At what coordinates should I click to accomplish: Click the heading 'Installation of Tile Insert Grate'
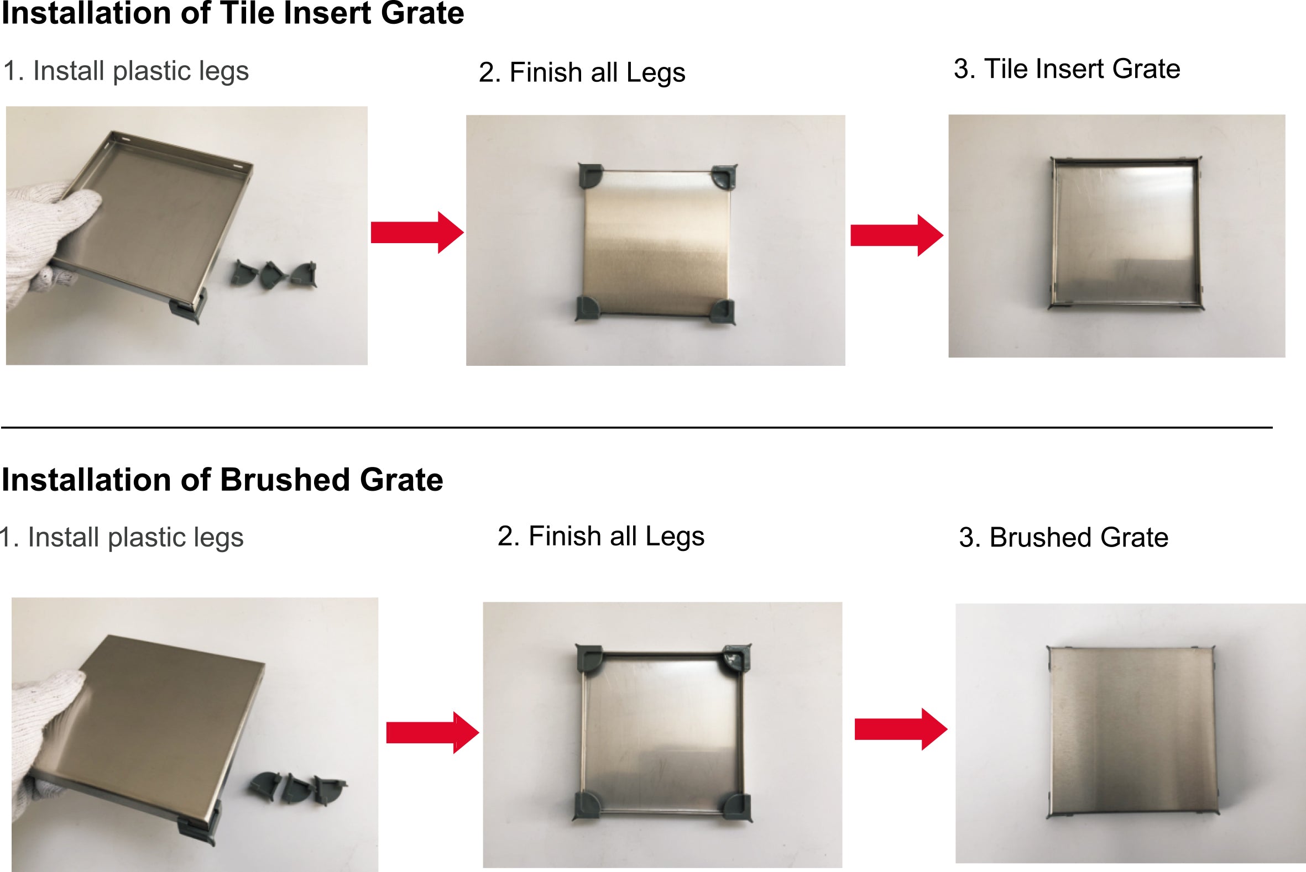coord(233,13)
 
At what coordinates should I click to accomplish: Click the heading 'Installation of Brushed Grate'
coord(222,479)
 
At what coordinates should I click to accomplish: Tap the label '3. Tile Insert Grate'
coord(1067,69)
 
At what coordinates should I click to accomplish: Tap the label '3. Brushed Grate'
coord(1063,537)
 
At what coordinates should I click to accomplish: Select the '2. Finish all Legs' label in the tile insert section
coord(582,72)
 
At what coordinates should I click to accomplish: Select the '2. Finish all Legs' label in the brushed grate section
coord(600,536)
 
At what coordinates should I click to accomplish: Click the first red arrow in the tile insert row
coord(417,233)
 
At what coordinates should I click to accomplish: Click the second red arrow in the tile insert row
coord(896,235)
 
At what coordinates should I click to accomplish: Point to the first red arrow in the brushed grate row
coord(432,732)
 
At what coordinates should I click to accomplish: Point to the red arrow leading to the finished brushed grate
coord(900,729)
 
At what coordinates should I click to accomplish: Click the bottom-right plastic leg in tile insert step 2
coord(723,312)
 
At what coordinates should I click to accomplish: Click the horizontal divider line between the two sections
coord(636,428)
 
